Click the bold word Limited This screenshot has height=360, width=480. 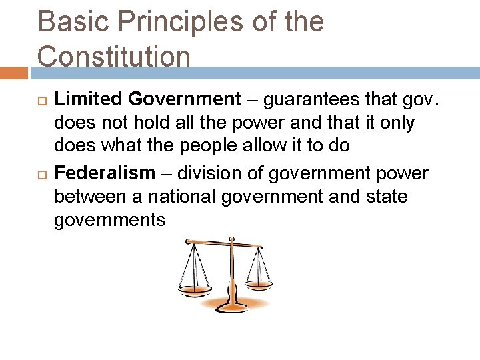point(88,99)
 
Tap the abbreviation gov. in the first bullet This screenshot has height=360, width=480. point(421,100)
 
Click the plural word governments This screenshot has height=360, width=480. point(109,221)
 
